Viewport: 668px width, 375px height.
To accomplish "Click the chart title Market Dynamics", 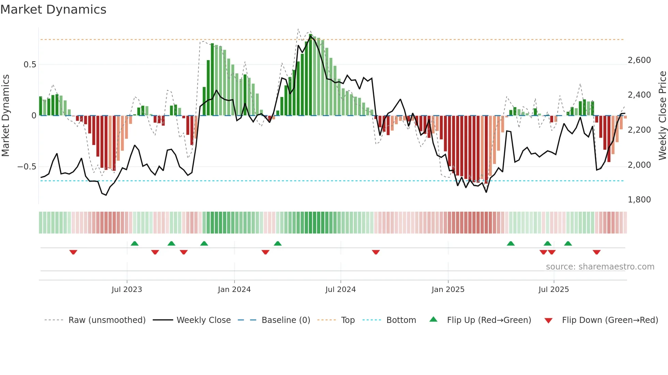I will pyautogui.click(x=53, y=10).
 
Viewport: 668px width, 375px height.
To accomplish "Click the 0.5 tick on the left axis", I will pyautogui.click(x=30, y=65).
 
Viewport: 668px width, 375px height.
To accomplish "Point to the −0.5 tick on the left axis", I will pyautogui.click(x=27, y=167).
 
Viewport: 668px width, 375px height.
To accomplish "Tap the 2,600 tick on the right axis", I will pyautogui.click(x=639, y=60).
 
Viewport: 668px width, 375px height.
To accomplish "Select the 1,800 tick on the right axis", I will pyautogui.click(x=639, y=200).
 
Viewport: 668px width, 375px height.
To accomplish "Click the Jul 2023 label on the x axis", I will pyautogui.click(x=127, y=290).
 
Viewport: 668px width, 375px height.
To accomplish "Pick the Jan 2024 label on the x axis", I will pyautogui.click(x=234, y=290).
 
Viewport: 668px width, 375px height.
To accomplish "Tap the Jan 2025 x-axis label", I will pyautogui.click(x=448, y=290).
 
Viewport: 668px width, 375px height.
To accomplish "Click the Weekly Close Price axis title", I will pyautogui.click(x=662, y=116).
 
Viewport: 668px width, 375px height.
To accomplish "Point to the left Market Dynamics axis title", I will pyautogui.click(x=5, y=116).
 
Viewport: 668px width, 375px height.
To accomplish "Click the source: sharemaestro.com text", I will pyautogui.click(x=600, y=267).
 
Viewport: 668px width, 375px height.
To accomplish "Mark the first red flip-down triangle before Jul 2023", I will pyautogui.click(x=73, y=252).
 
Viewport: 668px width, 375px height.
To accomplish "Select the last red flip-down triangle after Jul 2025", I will pyautogui.click(x=596, y=252).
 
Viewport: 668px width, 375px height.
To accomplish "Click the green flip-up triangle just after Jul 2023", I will pyautogui.click(x=135, y=244).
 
